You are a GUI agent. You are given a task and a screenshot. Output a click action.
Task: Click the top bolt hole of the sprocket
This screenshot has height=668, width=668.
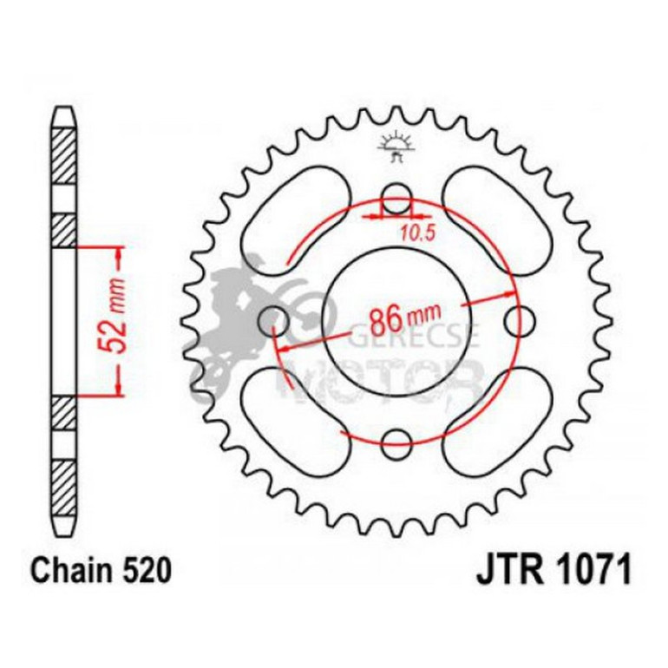pyautogui.click(x=396, y=196)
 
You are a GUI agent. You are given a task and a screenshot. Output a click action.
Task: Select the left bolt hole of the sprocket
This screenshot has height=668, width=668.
pyautogui.click(x=275, y=318)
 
